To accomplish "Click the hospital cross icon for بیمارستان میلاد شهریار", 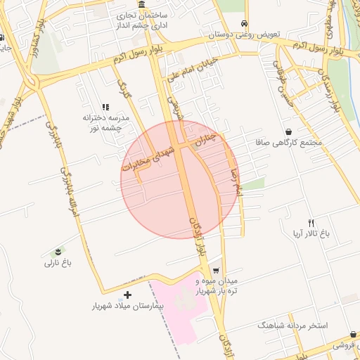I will [x=127, y=295].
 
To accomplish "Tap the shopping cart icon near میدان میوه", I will [x=216, y=270].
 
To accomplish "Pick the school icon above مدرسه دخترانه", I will [x=105, y=107].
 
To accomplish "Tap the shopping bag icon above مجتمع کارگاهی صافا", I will [x=289, y=131].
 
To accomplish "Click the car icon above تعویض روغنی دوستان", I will [x=244, y=22].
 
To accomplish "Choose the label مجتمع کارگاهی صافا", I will [x=290, y=143].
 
